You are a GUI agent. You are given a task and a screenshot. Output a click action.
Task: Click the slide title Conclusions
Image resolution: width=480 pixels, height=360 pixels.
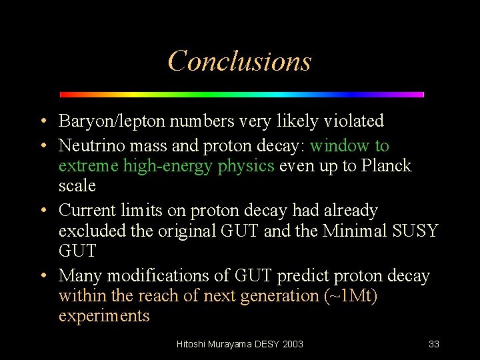239,61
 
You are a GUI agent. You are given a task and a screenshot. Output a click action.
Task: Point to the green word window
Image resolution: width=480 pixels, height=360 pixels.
339,145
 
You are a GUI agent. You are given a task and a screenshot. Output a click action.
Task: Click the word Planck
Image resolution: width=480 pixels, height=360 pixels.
387,166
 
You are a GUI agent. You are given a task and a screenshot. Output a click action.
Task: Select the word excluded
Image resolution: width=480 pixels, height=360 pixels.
87,231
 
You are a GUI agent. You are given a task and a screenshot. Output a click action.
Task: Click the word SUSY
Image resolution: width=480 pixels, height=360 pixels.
415,231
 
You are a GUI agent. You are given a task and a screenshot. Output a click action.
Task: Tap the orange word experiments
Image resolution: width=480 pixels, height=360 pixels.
104,315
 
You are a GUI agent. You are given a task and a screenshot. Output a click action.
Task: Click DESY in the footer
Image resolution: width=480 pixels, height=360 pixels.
267,344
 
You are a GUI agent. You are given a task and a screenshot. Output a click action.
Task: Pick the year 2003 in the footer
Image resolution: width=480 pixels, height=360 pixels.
293,344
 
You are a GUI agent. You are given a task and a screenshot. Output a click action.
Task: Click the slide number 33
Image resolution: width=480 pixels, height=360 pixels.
434,344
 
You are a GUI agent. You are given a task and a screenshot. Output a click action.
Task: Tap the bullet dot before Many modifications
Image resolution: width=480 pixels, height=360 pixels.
43,276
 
